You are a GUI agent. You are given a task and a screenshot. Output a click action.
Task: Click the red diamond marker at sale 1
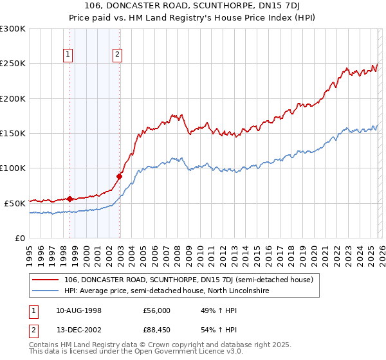click(x=69, y=199)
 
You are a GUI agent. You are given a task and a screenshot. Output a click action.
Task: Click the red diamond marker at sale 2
click(x=119, y=176)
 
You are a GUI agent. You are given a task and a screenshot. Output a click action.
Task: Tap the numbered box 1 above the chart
click(x=69, y=55)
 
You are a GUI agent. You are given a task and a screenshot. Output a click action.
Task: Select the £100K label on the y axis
click(x=13, y=168)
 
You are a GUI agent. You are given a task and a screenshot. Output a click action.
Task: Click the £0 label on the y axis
click(x=19, y=238)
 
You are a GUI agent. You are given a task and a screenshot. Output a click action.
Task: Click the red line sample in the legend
click(x=46, y=280)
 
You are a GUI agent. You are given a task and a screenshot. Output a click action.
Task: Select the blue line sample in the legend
click(x=46, y=291)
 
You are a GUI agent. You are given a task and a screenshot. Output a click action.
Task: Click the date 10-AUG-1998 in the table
click(x=78, y=310)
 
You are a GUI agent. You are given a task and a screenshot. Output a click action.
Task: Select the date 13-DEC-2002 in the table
click(x=78, y=330)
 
